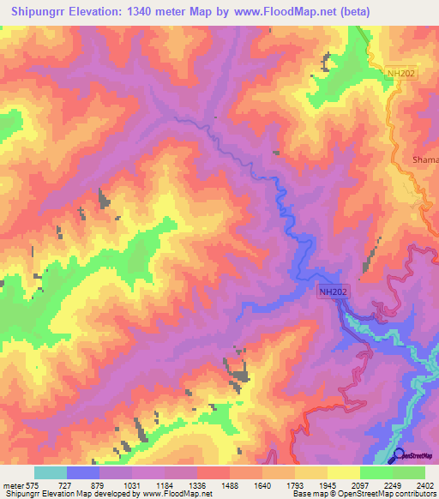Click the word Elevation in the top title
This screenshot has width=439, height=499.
click(103, 11)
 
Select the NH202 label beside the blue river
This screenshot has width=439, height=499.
click(333, 292)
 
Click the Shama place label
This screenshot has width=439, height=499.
click(425, 159)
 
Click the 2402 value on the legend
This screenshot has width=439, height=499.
click(426, 485)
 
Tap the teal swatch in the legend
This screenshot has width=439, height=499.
click(51, 472)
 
